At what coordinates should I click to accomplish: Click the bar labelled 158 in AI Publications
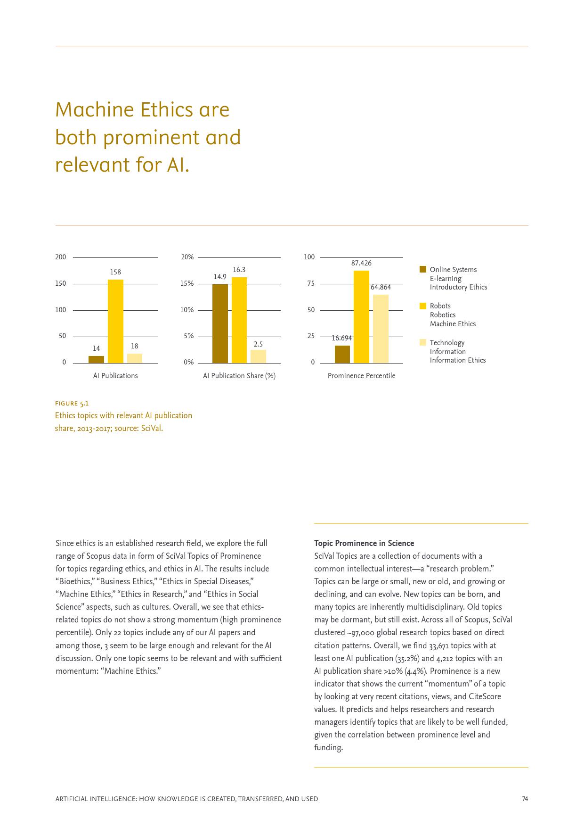[x=115, y=321]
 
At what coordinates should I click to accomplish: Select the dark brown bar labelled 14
[x=96, y=359]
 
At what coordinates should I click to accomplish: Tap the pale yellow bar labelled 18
[x=135, y=358]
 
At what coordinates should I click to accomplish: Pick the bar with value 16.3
[x=239, y=320]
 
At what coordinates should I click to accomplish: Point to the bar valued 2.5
[x=258, y=356]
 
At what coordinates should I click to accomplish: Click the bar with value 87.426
[x=361, y=316]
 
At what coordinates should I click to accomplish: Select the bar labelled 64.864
[x=381, y=329]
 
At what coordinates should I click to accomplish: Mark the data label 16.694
[x=342, y=338]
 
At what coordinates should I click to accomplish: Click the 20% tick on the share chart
[x=187, y=257]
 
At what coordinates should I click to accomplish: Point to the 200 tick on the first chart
[x=61, y=257]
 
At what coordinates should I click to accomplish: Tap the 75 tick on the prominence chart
[x=311, y=283]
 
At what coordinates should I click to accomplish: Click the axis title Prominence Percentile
[x=361, y=376]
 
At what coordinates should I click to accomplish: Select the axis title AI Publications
[x=115, y=376]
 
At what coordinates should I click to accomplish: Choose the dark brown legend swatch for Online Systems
[x=423, y=269]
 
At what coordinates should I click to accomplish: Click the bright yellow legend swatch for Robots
[x=423, y=306]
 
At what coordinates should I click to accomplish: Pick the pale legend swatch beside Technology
[x=423, y=342]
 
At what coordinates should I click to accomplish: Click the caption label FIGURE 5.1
[x=72, y=404]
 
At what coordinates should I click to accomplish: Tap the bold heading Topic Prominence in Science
[x=364, y=543]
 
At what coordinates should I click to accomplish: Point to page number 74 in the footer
[x=525, y=799]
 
